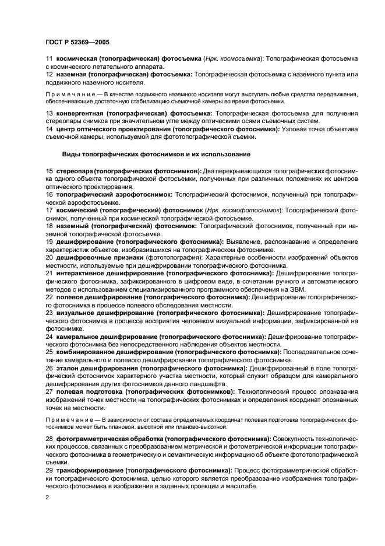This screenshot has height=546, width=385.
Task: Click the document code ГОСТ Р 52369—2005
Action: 76,41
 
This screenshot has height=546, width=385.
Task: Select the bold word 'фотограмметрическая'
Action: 91,437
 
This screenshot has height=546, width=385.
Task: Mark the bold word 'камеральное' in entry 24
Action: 78,337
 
